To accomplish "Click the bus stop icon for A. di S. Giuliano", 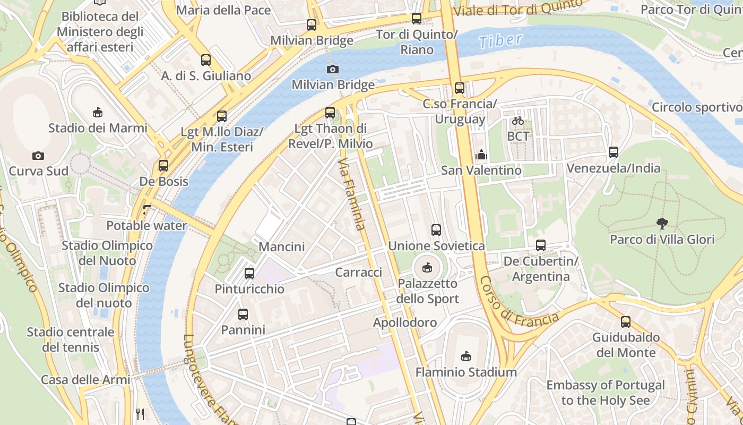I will [206, 60].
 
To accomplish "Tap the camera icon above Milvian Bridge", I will [332, 69].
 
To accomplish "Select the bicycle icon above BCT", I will [518, 121].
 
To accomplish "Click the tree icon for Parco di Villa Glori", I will [662, 223].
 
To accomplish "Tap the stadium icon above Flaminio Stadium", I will [465, 356].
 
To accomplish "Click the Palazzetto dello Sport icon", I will [427, 267].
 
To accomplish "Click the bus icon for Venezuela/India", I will [614, 152].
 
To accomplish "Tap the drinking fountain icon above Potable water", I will [147, 210].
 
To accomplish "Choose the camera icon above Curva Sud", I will [38, 156].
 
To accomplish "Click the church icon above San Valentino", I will [481, 155].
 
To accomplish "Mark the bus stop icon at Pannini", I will [243, 314].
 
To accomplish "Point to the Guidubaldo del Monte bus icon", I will [626, 321].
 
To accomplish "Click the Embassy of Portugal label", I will [606, 393].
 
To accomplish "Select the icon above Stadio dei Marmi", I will [98, 112].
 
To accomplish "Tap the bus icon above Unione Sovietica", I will [436, 230].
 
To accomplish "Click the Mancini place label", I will [281, 246].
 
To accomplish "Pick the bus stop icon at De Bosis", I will [163, 165].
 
